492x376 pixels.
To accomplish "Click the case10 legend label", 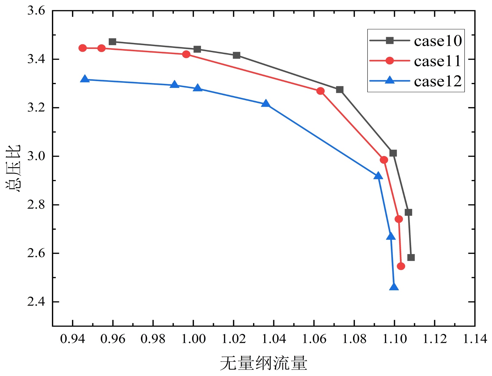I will [438, 41].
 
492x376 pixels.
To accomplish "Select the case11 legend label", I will [438, 61].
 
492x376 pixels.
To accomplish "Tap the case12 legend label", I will [438, 81].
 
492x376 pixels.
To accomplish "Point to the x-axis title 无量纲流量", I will [264, 363].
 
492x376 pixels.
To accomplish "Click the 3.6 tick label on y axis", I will [36, 11].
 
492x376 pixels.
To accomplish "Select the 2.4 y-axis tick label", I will [36, 302].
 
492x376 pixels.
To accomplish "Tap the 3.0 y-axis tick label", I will [36, 156].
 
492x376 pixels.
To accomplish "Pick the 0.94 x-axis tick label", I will [73, 339].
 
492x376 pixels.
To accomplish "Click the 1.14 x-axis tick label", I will [475, 339].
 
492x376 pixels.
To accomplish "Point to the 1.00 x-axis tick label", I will [193, 339].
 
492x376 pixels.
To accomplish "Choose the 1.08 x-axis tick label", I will [354, 339].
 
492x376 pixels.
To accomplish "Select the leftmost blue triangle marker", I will [85, 79].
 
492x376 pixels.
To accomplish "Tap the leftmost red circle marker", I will [82, 48].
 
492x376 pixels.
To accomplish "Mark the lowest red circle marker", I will [401, 266].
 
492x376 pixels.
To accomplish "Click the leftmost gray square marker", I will [113, 41].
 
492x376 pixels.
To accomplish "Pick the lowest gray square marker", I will [411, 257].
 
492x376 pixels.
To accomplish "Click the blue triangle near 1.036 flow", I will [266, 104].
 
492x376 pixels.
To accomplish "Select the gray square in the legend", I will [390, 41].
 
